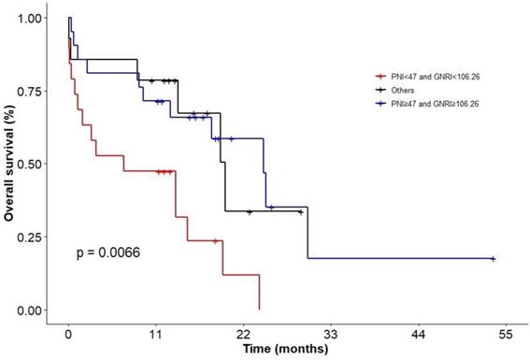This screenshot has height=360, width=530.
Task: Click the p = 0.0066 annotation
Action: [108, 252]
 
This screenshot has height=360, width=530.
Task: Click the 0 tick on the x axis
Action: [68, 332]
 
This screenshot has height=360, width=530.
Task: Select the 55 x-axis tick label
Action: [506, 332]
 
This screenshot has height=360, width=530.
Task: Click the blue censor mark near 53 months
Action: [493, 258]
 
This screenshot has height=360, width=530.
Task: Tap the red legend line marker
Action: [380, 77]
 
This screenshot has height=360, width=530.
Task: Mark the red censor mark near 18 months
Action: [215, 240]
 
